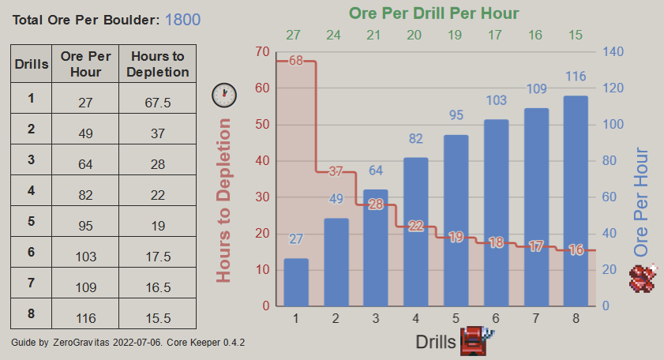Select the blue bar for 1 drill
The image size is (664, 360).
(x=296, y=282)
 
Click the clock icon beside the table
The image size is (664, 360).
(x=224, y=95)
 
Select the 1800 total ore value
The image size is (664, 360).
(x=182, y=20)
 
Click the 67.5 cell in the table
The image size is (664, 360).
(x=157, y=102)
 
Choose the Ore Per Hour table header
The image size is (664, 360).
(x=85, y=64)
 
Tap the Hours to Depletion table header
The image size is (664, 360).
(x=157, y=64)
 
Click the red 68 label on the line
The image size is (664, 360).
(x=296, y=61)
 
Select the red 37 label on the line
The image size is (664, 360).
(x=336, y=171)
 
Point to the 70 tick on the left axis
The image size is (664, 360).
(x=262, y=52)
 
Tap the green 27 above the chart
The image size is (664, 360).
(x=294, y=35)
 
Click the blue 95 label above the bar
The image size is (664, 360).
(x=456, y=115)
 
